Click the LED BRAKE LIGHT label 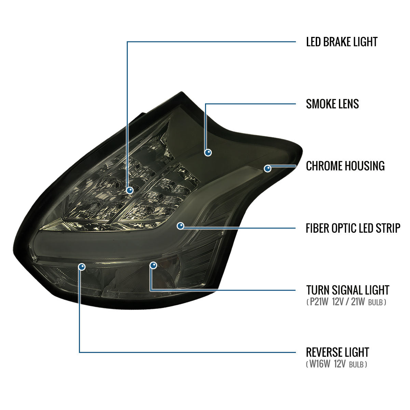point(342,42)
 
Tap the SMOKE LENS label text point(332,104)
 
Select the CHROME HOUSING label point(345,166)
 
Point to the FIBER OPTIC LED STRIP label point(353,228)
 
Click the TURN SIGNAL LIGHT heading point(348,290)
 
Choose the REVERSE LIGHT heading point(338,352)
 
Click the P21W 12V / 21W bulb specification point(346,302)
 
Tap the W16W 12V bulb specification point(337,364)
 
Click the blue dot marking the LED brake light point(129,190)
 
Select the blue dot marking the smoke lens point(208,152)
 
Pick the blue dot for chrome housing point(268,168)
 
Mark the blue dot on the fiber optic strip point(180,226)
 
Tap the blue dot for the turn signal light point(153,265)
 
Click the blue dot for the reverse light point(82,266)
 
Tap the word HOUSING point(365,166)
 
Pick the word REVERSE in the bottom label point(325,352)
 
